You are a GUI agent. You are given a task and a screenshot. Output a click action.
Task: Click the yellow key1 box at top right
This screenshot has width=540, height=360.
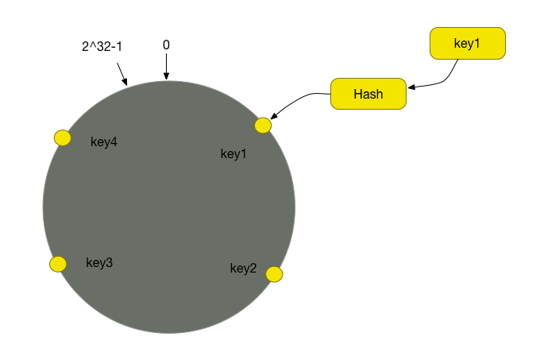[x=467, y=44]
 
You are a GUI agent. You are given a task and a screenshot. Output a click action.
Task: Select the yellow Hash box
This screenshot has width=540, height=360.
[x=368, y=94]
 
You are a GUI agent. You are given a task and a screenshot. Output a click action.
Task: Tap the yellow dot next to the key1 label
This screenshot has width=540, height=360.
[x=263, y=126]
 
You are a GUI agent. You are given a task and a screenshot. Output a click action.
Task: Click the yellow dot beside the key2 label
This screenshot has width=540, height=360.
[x=274, y=274]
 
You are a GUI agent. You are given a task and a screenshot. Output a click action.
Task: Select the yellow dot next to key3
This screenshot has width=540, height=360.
[x=58, y=264]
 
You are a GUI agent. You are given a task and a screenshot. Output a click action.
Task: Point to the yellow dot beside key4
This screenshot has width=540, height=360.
[x=63, y=138]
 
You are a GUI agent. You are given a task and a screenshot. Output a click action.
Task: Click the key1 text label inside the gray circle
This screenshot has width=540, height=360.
[x=234, y=153]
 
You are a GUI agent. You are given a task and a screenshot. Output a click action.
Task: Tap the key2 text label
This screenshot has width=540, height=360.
[x=243, y=268]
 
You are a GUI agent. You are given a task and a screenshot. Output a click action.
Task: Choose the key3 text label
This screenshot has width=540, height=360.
[x=99, y=263]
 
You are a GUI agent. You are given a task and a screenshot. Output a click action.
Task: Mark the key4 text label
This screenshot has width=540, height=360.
[x=104, y=142]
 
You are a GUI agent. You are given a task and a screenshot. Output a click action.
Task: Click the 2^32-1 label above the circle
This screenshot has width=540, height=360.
[x=102, y=47]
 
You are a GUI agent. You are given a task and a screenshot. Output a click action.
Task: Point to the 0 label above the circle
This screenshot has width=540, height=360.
[x=166, y=45]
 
